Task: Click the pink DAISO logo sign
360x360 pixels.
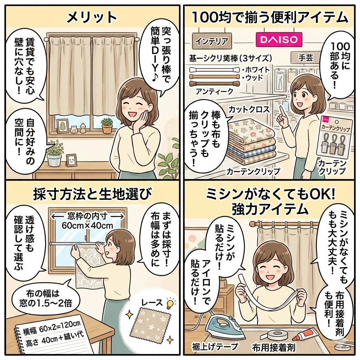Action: pyautogui.click(x=278, y=40)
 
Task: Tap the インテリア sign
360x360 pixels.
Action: pyautogui.click(x=211, y=41)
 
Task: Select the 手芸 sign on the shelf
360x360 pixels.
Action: pyautogui.click(x=306, y=57)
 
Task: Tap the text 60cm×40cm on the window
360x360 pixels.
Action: pyautogui.click(x=87, y=225)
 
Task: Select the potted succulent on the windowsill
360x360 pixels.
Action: pyautogui.click(x=107, y=126)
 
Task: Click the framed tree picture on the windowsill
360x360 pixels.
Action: pyautogui.click(x=62, y=126)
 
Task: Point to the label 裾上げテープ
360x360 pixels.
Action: pyautogui.click(x=215, y=346)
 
